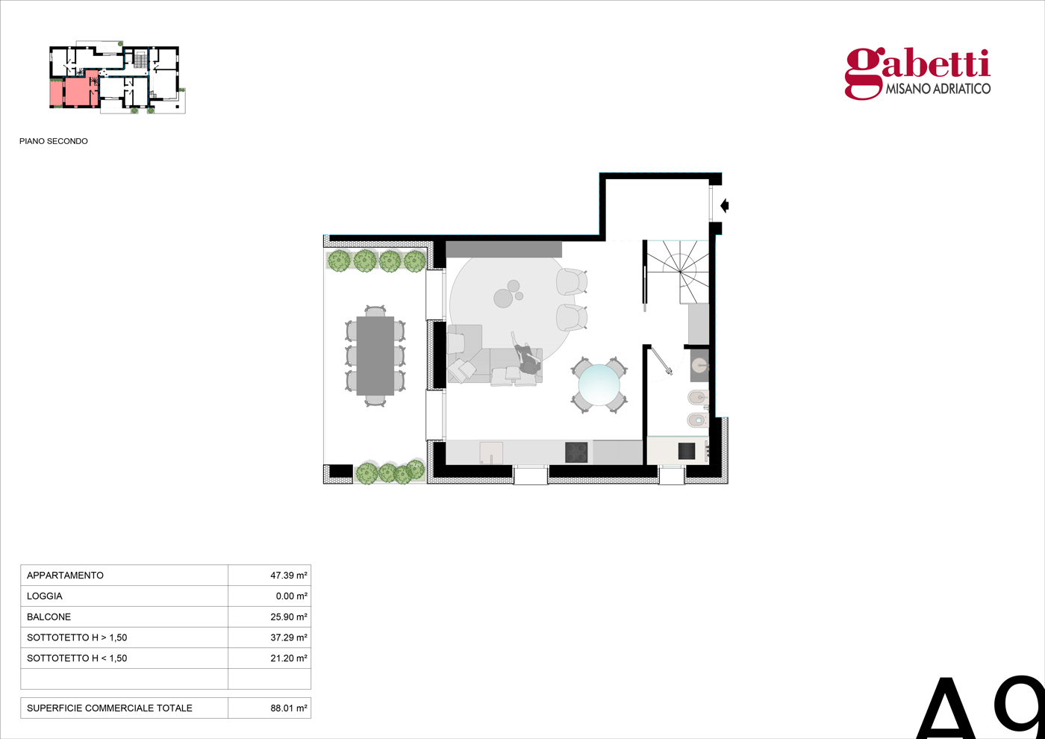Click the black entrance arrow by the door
point(725,205)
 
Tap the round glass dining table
point(599,385)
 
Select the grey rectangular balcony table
point(375,356)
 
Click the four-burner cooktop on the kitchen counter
point(576,452)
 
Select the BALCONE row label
point(49,617)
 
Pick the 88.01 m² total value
point(288,708)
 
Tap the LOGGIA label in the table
point(44,596)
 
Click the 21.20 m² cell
point(288,658)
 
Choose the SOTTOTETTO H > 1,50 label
point(77,637)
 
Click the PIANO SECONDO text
point(54,141)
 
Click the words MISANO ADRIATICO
point(938,89)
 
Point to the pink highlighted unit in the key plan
point(74,90)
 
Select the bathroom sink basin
point(699,366)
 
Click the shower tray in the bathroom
point(679,451)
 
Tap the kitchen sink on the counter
point(491,453)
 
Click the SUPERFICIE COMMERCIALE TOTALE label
point(110,708)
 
